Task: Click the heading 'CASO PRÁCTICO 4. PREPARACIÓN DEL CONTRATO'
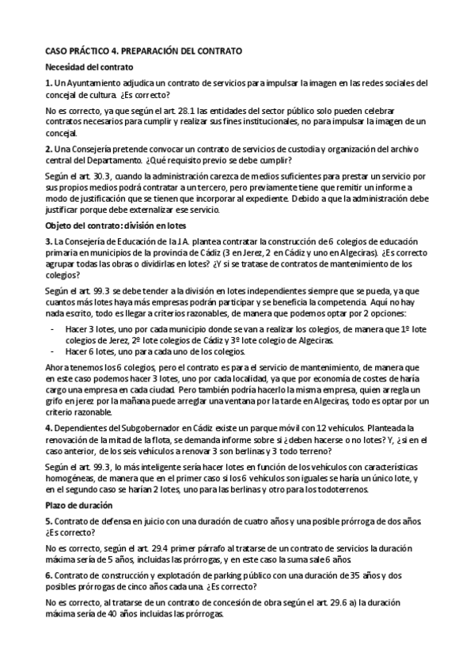[143, 51]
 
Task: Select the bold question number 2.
[48, 149]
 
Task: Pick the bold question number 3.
[48, 241]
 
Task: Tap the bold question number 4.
[48, 427]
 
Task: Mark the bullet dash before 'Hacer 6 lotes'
[52, 351]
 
